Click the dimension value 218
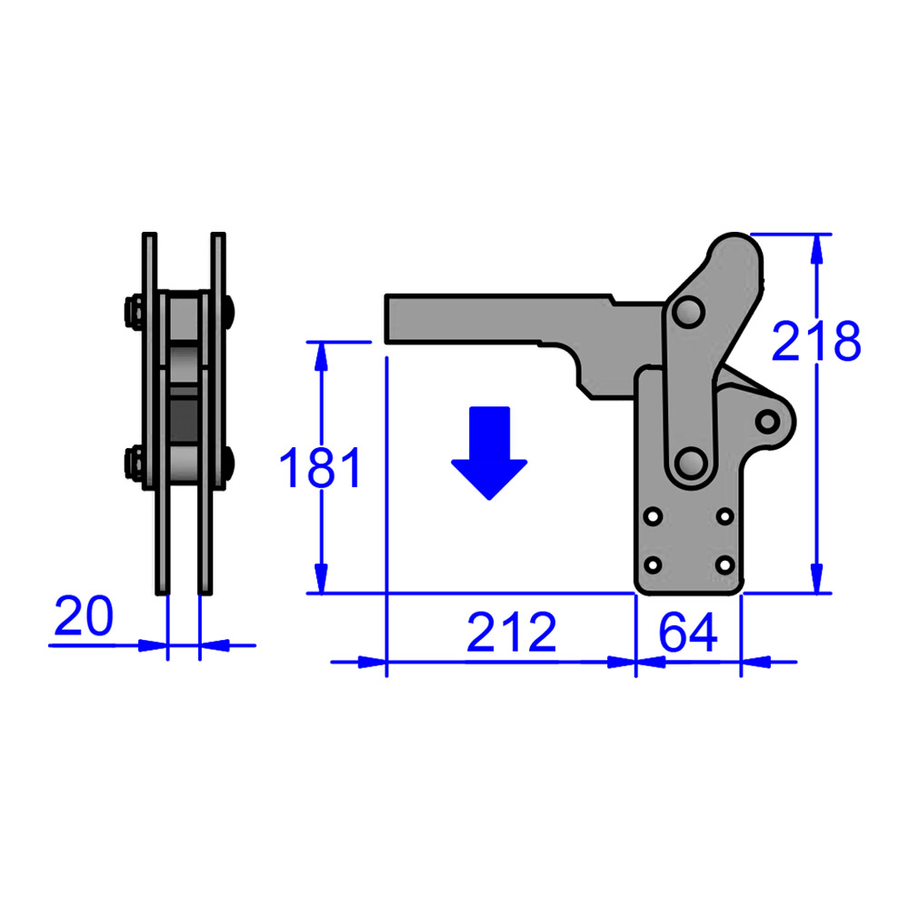(x=815, y=343)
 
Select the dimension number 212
(x=511, y=634)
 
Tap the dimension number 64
(x=688, y=634)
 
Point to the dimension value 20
(x=84, y=617)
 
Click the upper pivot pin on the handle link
(x=687, y=312)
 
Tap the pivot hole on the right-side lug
(x=769, y=421)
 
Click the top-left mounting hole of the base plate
(x=653, y=516)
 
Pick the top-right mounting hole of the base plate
(x=724, y=516)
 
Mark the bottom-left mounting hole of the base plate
(x=653, y=564)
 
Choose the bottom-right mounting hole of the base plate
(x=724, y=564)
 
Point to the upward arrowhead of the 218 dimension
(x=817, y=246)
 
